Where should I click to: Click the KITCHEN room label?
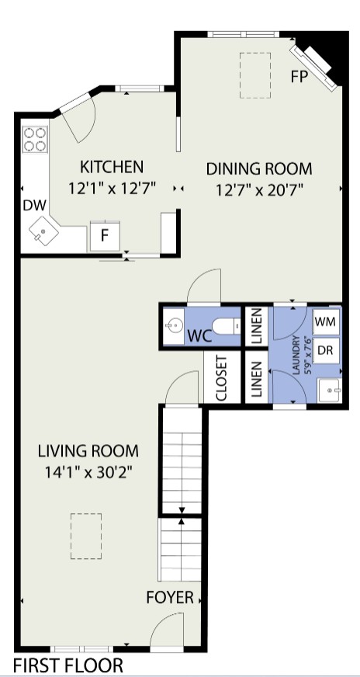point(112,167)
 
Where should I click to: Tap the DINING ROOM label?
point(259,168)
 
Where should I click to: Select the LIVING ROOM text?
point(88,451)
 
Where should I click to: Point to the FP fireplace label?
point(299,77)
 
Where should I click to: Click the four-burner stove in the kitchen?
point(35,140)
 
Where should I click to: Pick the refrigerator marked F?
point(105,236)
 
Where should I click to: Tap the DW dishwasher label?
point(35,206)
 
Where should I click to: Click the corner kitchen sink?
point(43,230)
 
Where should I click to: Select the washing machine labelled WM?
point(326,321)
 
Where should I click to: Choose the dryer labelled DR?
point(326,350)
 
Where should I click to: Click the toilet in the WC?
point(227,326)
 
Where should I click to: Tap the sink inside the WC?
point(174,326)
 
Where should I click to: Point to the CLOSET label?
point(221,378)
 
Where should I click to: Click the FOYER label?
point(170,598)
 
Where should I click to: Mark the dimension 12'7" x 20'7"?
point(260,189)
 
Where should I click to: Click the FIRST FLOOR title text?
point(68,665)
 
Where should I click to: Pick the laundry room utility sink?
point(330,391)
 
